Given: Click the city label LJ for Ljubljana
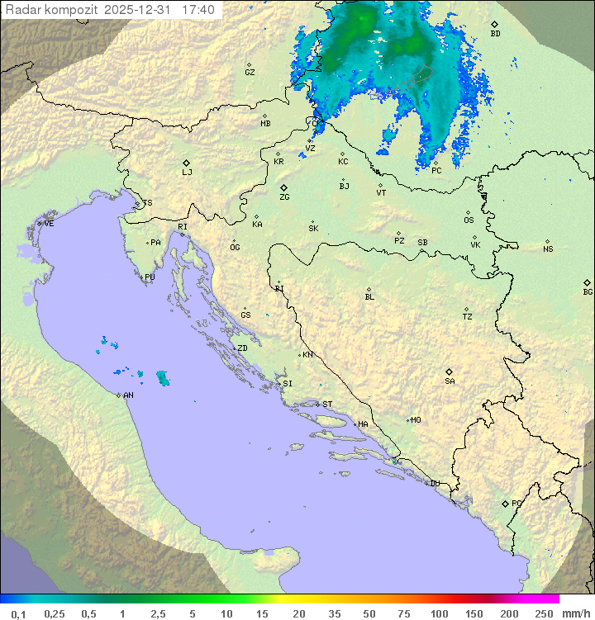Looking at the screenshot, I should [188, 173].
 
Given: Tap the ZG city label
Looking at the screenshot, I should [284, 197].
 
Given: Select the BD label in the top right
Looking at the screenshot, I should [495, 34].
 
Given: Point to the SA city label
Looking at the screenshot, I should [450, 381].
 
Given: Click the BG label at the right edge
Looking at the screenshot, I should [588, 291].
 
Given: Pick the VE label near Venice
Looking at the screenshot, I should [50, 224].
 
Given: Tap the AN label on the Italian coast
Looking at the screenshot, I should [128, 395].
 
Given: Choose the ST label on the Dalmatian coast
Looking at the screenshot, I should [327, 405].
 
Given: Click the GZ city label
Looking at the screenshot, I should [250, 73].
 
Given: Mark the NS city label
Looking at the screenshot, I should [548, 249].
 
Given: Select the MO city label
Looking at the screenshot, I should [416, 420].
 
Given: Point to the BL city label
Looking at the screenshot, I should [369, 297].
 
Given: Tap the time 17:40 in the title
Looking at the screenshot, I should [199, 10].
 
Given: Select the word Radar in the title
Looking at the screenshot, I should [22, 10].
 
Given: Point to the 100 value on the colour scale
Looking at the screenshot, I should [439, 613].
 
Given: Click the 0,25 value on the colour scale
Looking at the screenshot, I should [55, 613].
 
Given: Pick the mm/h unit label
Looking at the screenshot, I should [576, 613].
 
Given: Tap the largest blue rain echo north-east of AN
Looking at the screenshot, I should [163, 378].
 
